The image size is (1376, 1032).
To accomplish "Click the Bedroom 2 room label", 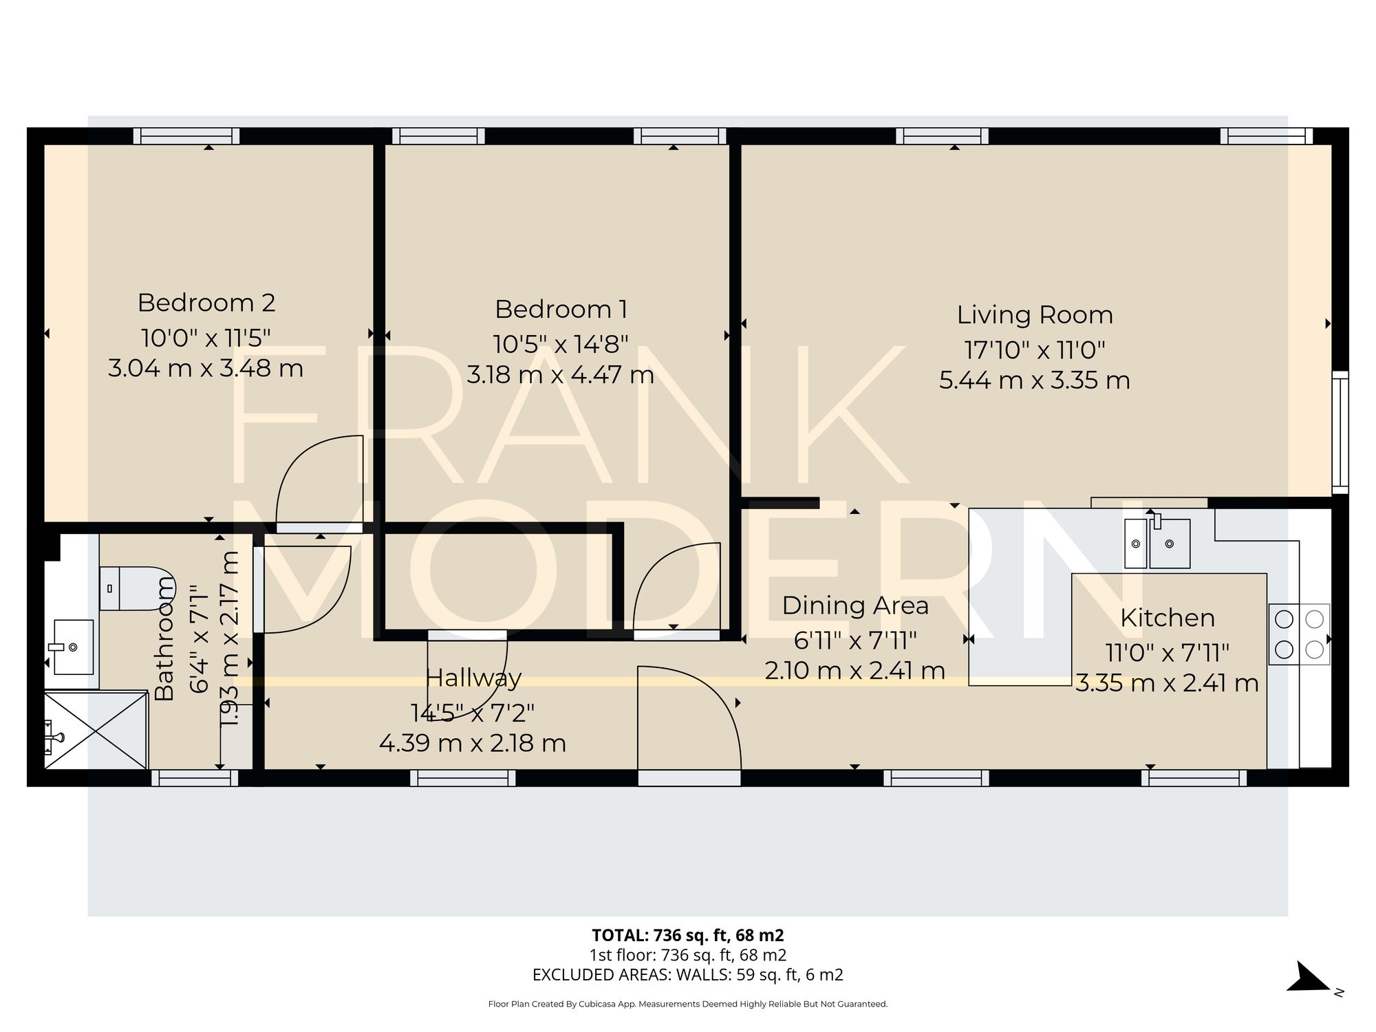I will point(206,303).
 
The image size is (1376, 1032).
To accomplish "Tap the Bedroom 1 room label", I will point(561,309).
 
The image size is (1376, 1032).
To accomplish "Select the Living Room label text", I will point(1034,314).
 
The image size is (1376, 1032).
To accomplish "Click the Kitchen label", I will point(1167,618).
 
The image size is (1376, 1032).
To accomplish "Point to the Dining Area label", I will point(855,605).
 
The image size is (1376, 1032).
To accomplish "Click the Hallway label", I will point(473,678).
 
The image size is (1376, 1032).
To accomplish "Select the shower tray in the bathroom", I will point(96,731).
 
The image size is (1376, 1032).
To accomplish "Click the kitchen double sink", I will point(1157,544).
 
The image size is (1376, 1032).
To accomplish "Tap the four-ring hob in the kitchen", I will point(1299,634).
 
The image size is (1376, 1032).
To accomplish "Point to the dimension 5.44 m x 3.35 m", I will point(1034,380).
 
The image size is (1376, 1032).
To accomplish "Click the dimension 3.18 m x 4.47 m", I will point(561,375).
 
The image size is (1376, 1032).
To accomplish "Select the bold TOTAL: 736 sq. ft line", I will point(688,935).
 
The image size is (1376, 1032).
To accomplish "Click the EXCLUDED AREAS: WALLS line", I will point(688,975).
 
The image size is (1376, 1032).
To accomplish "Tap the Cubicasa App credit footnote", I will point(688,1004).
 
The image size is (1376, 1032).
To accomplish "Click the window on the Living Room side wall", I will point(1340,432).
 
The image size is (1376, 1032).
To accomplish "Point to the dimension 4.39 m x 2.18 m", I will point(473,743).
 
